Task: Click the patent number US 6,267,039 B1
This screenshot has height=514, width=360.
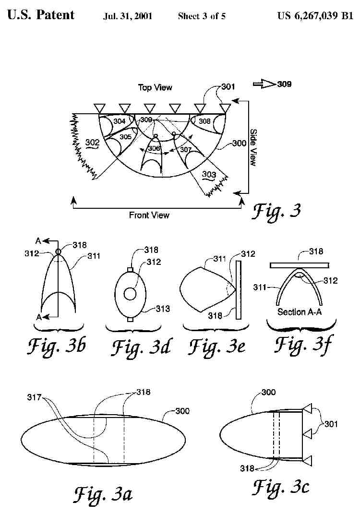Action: point(315,16)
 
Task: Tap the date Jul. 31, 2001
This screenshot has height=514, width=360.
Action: point(128,16)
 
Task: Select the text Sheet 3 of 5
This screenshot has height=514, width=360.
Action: point(202,16)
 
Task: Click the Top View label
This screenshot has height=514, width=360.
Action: point(155,87)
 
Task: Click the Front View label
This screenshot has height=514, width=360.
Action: point(149,215)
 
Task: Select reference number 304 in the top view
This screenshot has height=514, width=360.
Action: point(120,121)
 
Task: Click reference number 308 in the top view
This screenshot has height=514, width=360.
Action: point(204,121)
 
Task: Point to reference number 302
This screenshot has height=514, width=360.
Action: point(92,143)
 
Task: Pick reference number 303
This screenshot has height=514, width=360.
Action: point(209,175)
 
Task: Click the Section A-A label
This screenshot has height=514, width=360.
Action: point(298,312)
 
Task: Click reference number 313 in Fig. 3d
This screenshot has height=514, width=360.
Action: point(163,309)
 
